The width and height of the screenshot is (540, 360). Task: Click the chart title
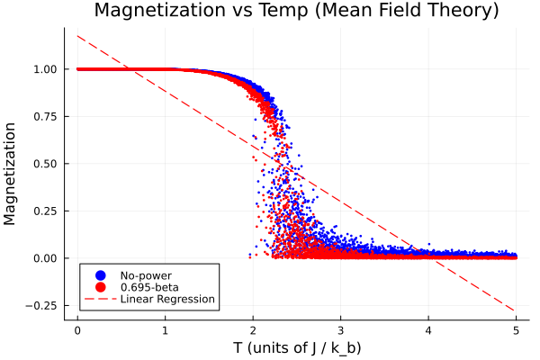[x=296, y=12]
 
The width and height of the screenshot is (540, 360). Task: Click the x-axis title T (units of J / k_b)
[x=296, y=346]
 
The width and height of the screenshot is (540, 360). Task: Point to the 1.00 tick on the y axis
[x=45, y=69]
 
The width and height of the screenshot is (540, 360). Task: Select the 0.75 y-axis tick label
[x=45, y=117]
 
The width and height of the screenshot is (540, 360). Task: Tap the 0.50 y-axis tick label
[x=45, y=164]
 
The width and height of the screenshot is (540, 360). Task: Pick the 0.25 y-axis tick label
[x=45, y=211]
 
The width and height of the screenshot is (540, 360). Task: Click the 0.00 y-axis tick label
[x=45, y=258]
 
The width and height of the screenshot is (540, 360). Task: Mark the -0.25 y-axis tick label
[x=42, y=306]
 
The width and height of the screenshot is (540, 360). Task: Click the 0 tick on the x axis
[x=77, y=328]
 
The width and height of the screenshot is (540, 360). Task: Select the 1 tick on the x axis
[x=165, y=328]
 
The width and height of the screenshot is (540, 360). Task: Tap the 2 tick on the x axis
[x=253, y=328]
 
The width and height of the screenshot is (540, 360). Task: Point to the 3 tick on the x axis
[x=340, y=328]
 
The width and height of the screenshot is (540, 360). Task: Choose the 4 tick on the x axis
[x=428, y=328]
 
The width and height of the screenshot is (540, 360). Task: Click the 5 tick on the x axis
[x=516, y=328]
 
